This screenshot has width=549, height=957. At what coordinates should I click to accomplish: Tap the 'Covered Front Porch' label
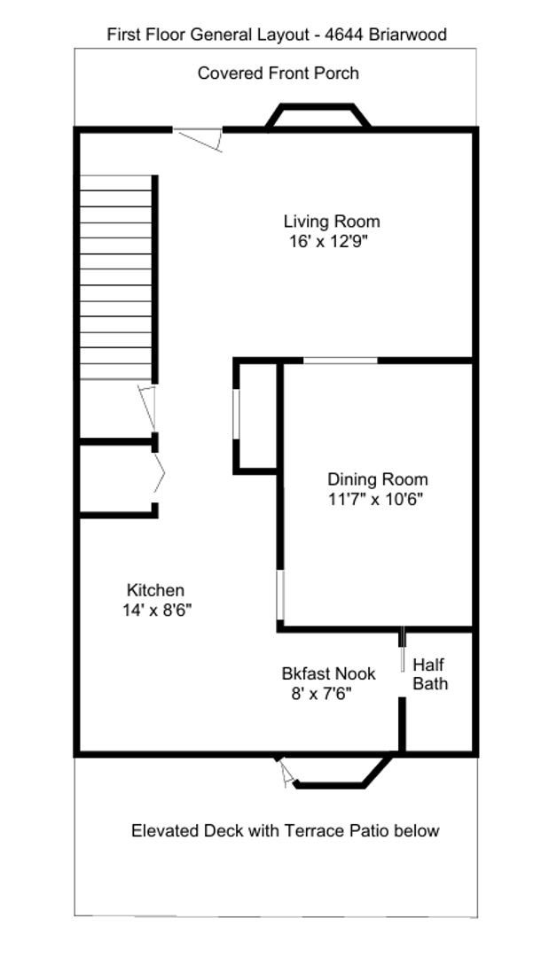pyautogui.click(x=278, y=73)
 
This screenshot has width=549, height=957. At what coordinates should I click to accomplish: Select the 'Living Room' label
pyautogui.click(x=331, y=222)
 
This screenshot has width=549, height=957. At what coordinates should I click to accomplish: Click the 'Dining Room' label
pyautogui.click(x=377, y=479)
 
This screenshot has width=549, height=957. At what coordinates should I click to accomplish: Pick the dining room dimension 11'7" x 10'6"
pyautogui.click(x=375, y=499)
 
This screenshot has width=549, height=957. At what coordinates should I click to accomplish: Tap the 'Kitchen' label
pyautogui.click(x=155, y=590)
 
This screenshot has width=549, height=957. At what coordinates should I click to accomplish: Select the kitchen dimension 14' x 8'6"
pyautogui.click(x=157, y=610)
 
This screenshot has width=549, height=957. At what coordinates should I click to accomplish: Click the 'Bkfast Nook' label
pyautogui.click(x=328, y=673)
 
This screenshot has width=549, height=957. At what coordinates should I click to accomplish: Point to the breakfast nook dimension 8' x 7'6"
pyautogui.click(x=321, y=694)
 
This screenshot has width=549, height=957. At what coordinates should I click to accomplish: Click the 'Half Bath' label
pyautogui.click(x=430, y=674)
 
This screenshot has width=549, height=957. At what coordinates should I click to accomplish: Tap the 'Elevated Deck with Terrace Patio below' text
pyautogui.click(x=285, y=830)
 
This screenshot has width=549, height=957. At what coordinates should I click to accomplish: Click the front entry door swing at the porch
pyautogui.click(x=200, y=139)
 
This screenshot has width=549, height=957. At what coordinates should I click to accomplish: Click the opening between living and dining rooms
pyautogui.click(x=341, y=360)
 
